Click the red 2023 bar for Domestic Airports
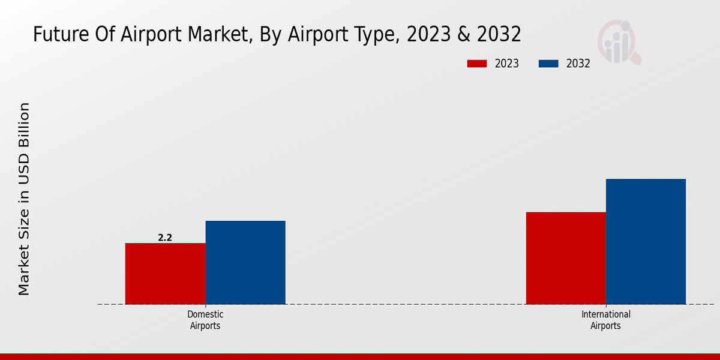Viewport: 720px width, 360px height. click(165, 274)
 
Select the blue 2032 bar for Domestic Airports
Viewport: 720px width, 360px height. click(245, 262)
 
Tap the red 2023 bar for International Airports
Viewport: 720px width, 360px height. click(566, 258)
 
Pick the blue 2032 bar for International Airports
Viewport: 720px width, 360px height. click(646, 241)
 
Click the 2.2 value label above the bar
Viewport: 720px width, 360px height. click(165, 238)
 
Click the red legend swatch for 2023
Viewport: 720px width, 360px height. click(477, 64)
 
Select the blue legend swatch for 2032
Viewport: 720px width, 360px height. click(548, 64)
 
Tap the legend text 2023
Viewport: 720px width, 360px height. click(507, 64)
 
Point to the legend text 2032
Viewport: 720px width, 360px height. click(578, 64)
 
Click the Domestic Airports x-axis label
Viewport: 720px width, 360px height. click(205, 320)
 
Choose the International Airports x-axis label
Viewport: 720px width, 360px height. click(605, 320)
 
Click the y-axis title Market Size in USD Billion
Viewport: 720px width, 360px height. click(24, 199)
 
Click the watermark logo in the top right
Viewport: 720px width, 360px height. click(619, 42)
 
